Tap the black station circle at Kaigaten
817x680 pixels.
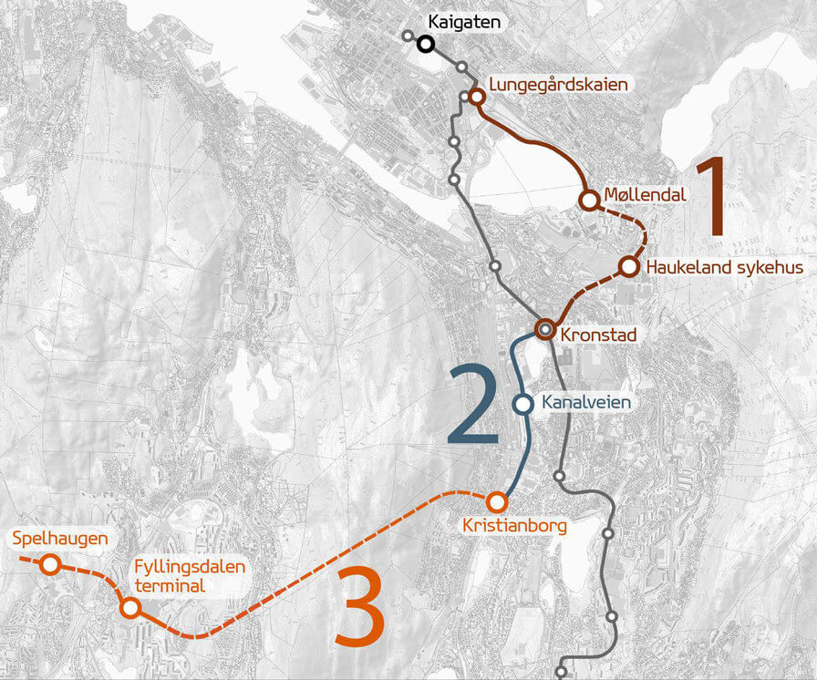[x=425, y=43]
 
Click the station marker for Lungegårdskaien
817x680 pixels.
[x=476, y=96]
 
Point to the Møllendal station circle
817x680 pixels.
[x=589, y=200]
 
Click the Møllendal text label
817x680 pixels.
[x=645, y=194]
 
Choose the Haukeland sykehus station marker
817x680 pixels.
[x=628, y=266]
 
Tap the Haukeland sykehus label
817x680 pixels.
[x=724, y=268]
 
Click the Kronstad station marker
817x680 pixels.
[x=545, y=328]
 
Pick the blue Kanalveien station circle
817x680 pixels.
[x=523, y=404]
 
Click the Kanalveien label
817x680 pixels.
[x=585, y=401]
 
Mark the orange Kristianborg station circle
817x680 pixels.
[x=497, y=501]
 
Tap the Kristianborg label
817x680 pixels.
[x=514, y=526]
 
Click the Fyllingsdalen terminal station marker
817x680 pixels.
[x=129, y=607]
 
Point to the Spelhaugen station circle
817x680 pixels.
[x=50, y=565]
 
